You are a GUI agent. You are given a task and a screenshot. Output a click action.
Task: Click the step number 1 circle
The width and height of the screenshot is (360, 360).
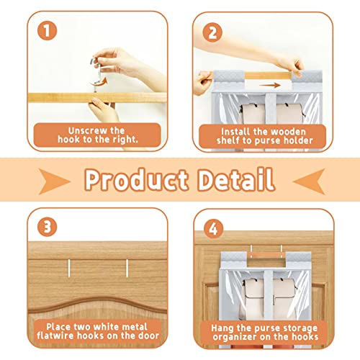point(48,31)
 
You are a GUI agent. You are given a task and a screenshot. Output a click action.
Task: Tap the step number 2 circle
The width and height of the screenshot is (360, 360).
point(212,32)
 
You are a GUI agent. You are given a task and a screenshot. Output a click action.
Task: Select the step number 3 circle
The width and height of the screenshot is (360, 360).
point(48,227)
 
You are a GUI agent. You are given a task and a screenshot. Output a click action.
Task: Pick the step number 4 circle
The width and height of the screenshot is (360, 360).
point(213,228)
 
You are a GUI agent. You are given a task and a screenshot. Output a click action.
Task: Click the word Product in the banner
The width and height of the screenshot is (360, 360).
point(136,180)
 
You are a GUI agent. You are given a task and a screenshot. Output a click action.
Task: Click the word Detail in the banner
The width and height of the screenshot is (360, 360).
point(236,179)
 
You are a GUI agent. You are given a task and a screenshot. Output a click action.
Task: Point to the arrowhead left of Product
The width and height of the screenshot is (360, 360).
point(54,181)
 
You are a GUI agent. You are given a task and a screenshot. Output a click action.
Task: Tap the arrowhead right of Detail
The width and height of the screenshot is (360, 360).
point(309,181)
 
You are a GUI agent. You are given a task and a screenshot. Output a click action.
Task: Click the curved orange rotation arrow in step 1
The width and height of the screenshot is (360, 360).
point(99,82)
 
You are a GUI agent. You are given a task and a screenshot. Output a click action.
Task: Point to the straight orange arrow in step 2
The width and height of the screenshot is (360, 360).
point(270,85)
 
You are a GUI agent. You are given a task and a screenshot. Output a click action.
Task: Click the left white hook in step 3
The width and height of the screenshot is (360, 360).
point(69,268)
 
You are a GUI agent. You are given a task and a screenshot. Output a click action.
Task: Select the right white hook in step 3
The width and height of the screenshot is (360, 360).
point(127,268)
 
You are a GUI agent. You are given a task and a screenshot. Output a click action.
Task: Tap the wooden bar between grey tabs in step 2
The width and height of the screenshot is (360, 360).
point(268,76)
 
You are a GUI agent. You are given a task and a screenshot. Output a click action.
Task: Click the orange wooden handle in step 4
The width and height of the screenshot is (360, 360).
point(266,255)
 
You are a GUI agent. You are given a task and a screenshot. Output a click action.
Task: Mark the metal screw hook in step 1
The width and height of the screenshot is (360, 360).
point(96,73)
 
